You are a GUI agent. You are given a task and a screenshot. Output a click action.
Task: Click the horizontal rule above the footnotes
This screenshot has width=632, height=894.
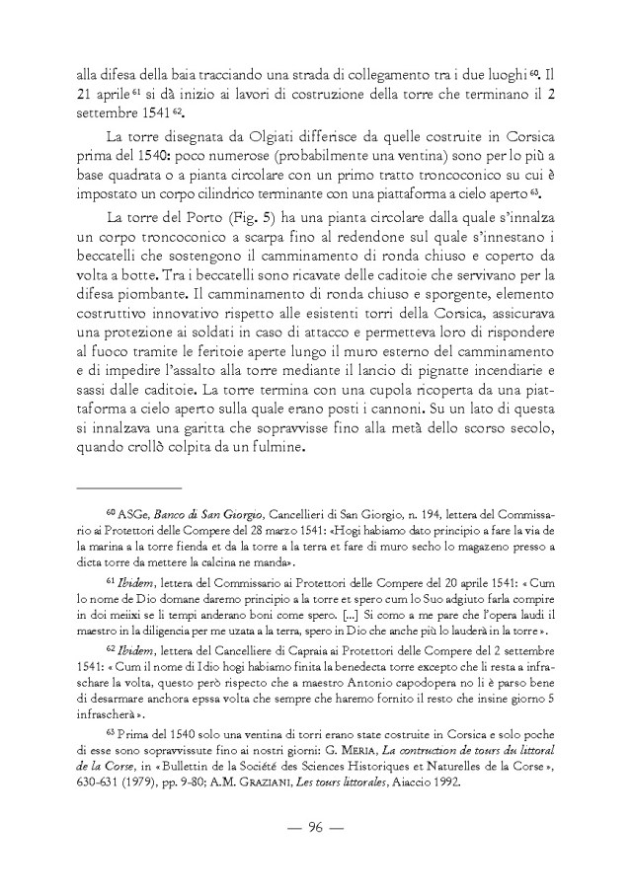129,487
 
